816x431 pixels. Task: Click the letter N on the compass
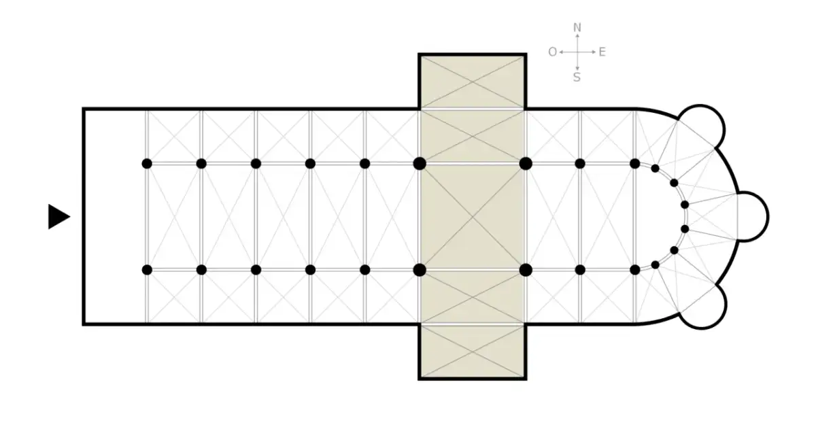point(577,27)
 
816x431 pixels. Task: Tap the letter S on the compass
point(577,77)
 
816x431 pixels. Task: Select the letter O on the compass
point(553,52)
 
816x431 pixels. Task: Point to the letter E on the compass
point(602,52)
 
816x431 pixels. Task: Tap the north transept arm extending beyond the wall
point(473,82)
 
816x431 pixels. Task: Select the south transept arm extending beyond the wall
point(473,352)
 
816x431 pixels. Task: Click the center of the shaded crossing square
point(473,217)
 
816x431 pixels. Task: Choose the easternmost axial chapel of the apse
point(753,216)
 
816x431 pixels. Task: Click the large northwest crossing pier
point(420,164)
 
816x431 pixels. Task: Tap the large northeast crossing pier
point(526,164)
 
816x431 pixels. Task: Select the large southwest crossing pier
point(420,270)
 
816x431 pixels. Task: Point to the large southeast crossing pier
point(526,270)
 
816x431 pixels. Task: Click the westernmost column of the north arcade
point(147,164)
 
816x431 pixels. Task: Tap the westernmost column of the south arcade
point(147,270)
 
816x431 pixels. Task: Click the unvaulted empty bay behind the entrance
point(115,217)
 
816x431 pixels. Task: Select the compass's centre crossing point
point(577,52)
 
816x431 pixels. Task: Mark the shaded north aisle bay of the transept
point(473,136)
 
